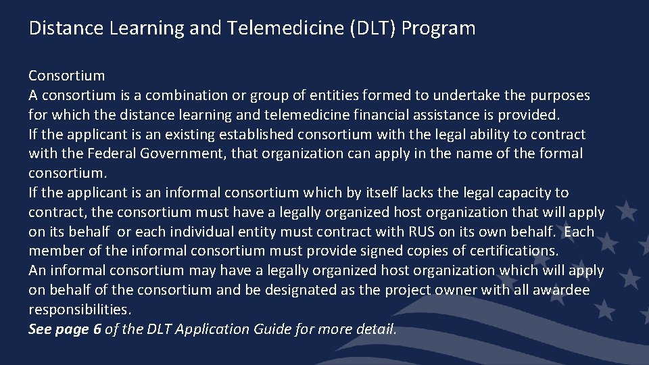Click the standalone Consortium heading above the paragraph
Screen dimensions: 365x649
tap(66, 76)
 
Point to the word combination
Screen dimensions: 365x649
tap(203, 95)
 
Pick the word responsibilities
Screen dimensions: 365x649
tap(80, 310)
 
